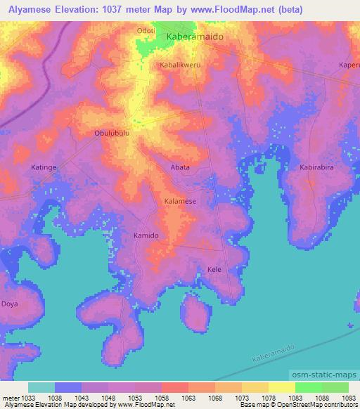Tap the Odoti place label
pos(146,31)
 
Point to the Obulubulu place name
pos(112,132)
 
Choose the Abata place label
pos(181,167)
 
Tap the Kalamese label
pos(180,201)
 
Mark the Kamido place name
pos(146,235)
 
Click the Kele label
pos(214,270)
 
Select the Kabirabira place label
pos(316,169)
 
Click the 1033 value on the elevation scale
pos(28,397)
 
